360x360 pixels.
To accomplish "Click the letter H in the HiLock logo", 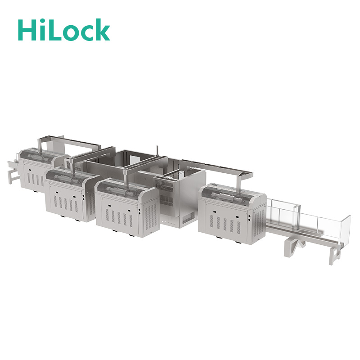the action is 27,30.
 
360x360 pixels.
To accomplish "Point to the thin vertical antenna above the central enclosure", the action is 157,151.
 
